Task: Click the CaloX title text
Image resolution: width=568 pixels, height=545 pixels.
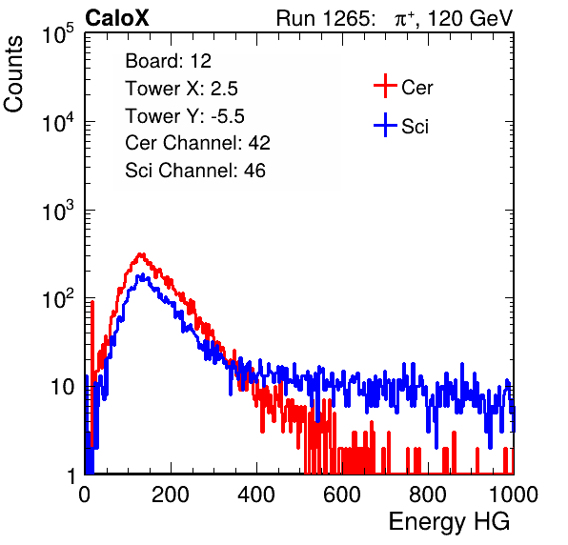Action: [x=117, y=18]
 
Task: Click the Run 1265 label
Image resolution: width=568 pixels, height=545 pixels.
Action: [x=325, y=18]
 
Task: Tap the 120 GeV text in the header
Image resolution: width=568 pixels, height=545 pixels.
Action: [x=470, y=18]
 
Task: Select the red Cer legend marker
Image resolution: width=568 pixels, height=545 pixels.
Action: [x=385, y=86]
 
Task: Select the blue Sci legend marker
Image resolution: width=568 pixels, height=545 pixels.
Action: [x=385, y=125]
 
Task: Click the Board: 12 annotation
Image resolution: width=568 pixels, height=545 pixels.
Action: [x=168, y=61]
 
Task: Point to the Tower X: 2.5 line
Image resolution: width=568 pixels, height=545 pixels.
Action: [x=181, y=89]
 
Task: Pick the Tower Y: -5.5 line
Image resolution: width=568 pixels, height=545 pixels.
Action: [x=185, y=116]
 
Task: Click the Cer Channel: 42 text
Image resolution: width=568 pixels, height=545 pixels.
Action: [x=198, y=143]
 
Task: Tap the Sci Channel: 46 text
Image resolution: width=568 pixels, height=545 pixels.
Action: [x=195, y=171]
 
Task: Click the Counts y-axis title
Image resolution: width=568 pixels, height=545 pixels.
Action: [x=13, y=74]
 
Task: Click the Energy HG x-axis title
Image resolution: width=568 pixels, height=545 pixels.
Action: [x=449, y=521]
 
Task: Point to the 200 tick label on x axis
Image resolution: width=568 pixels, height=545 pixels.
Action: [x=171, y=495]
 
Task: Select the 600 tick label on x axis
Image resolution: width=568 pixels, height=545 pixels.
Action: [x=342, y=495]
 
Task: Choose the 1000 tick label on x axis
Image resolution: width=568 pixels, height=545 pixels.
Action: [x=514, y=495]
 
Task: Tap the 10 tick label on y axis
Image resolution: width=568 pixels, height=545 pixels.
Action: [x=63, y=387]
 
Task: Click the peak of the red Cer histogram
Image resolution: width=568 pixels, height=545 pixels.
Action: [x=141, y=254]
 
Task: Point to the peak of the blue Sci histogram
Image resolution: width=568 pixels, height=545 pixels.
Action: [x=142, y=275]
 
